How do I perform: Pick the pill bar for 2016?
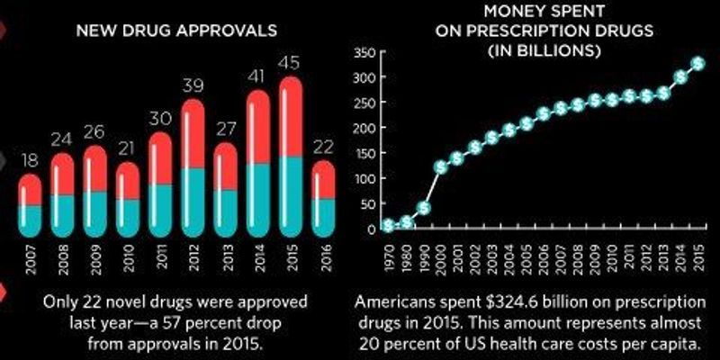[323, 193]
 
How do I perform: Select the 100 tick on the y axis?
[363, 178]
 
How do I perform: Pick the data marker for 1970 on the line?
[388, 225]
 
